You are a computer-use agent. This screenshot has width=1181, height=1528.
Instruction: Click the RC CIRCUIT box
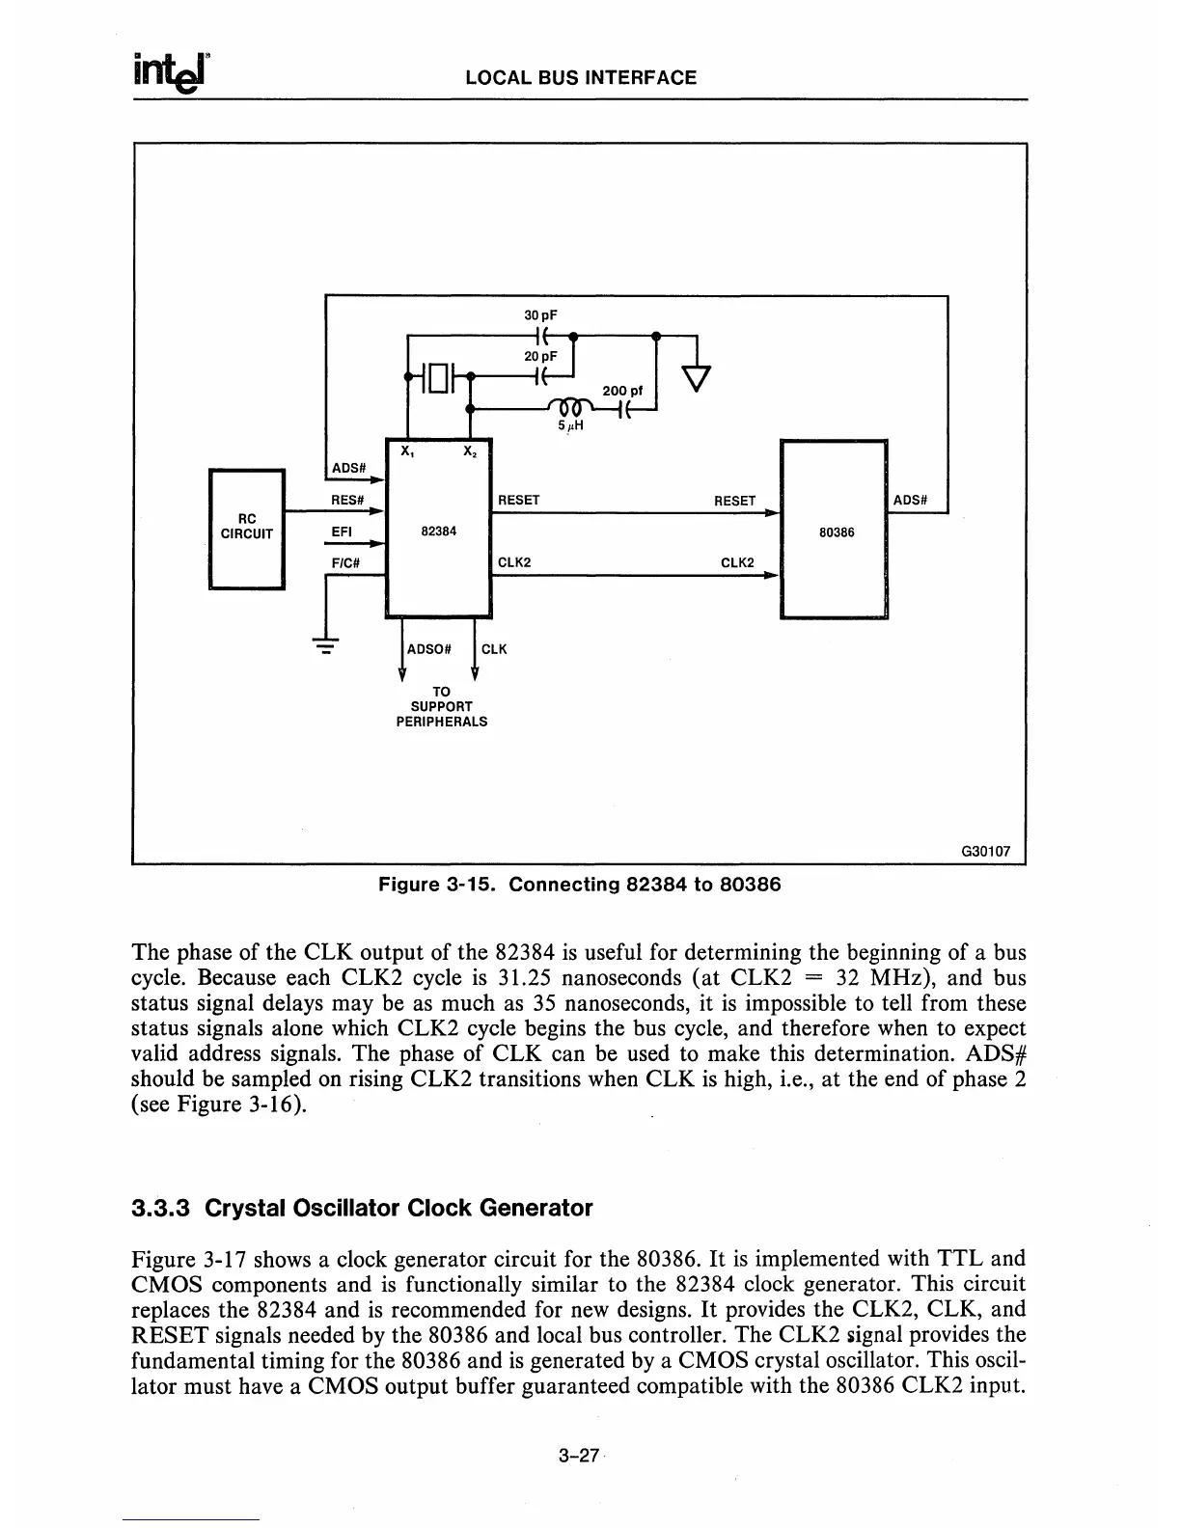coord(247,528)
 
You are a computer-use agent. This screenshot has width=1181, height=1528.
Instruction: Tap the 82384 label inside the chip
coord(439,532)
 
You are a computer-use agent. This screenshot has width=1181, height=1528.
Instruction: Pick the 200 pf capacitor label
coord(622,391)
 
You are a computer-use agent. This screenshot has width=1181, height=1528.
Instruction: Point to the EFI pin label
coord(343,532)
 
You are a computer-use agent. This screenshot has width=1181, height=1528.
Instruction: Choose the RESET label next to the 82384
coord(519,500)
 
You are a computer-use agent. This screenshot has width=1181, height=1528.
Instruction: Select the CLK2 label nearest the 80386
coord(737,562)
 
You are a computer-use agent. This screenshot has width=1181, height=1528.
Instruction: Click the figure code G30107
coord(985,852)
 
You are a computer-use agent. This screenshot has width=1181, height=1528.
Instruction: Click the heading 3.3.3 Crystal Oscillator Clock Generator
coord(362,1207)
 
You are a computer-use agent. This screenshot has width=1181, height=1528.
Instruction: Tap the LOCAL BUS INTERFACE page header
coord(581,78)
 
